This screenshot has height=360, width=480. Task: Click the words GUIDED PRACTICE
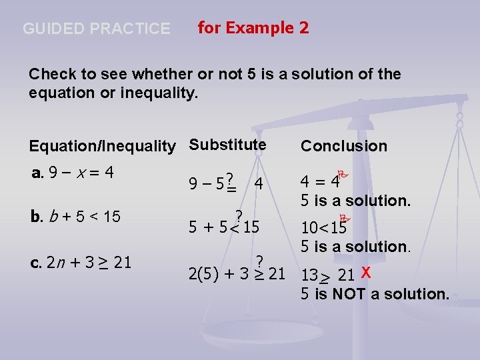pos(97,29)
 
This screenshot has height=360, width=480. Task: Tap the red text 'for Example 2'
pos(253,28)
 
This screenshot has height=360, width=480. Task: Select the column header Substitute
pos(227,145)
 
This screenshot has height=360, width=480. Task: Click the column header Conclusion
pos(343,146)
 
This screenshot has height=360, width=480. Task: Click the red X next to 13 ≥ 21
pos(365,271)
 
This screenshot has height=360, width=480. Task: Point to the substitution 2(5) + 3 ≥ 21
pos(236,274)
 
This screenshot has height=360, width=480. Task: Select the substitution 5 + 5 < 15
pos(223,227)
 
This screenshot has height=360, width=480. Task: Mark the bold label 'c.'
pos(36,262)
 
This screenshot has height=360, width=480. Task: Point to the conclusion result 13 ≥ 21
pos(327,275)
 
